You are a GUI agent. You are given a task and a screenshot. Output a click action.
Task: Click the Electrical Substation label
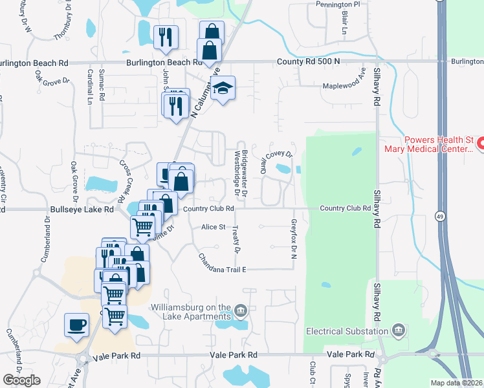pyautogui.click(x=347, y=331)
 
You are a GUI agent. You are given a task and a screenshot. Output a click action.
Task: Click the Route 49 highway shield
pyautogui.click(x=440, y=215)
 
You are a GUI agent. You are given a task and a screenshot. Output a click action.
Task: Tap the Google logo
pyautogui.click(x=21, y=380)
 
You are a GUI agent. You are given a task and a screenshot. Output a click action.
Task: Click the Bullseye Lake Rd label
pyautogui.click(x=82, y=210)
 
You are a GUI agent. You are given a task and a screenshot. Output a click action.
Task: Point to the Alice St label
pyautogui.click(x=213, y=227)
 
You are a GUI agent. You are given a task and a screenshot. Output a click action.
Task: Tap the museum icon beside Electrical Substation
pyautogui.click(x=398, y=331)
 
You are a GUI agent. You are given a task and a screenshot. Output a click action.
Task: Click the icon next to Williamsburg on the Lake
pyautogui.click(x=241, y=312)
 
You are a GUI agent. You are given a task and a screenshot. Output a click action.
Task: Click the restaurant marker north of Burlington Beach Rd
pyautogui.click(x=165, y=38)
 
